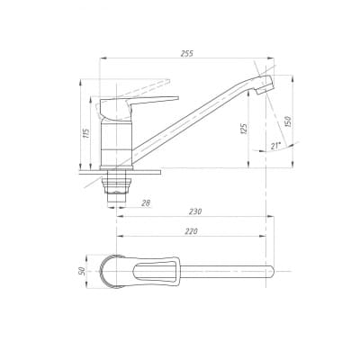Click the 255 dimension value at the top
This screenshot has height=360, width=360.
point(187,53)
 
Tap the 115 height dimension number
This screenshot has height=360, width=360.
point(85,133)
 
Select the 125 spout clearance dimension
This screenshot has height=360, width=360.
point(244,129)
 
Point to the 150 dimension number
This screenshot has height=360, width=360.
point(287,121)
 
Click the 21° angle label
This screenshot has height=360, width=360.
point(275,146)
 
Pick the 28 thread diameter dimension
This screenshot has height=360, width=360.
point(146,203)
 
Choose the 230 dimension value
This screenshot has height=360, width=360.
point(195,211)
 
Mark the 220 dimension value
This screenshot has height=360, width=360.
point(191,231)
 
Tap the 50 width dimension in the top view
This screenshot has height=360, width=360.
point(81,271)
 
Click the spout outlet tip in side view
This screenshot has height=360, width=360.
point(265,84)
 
